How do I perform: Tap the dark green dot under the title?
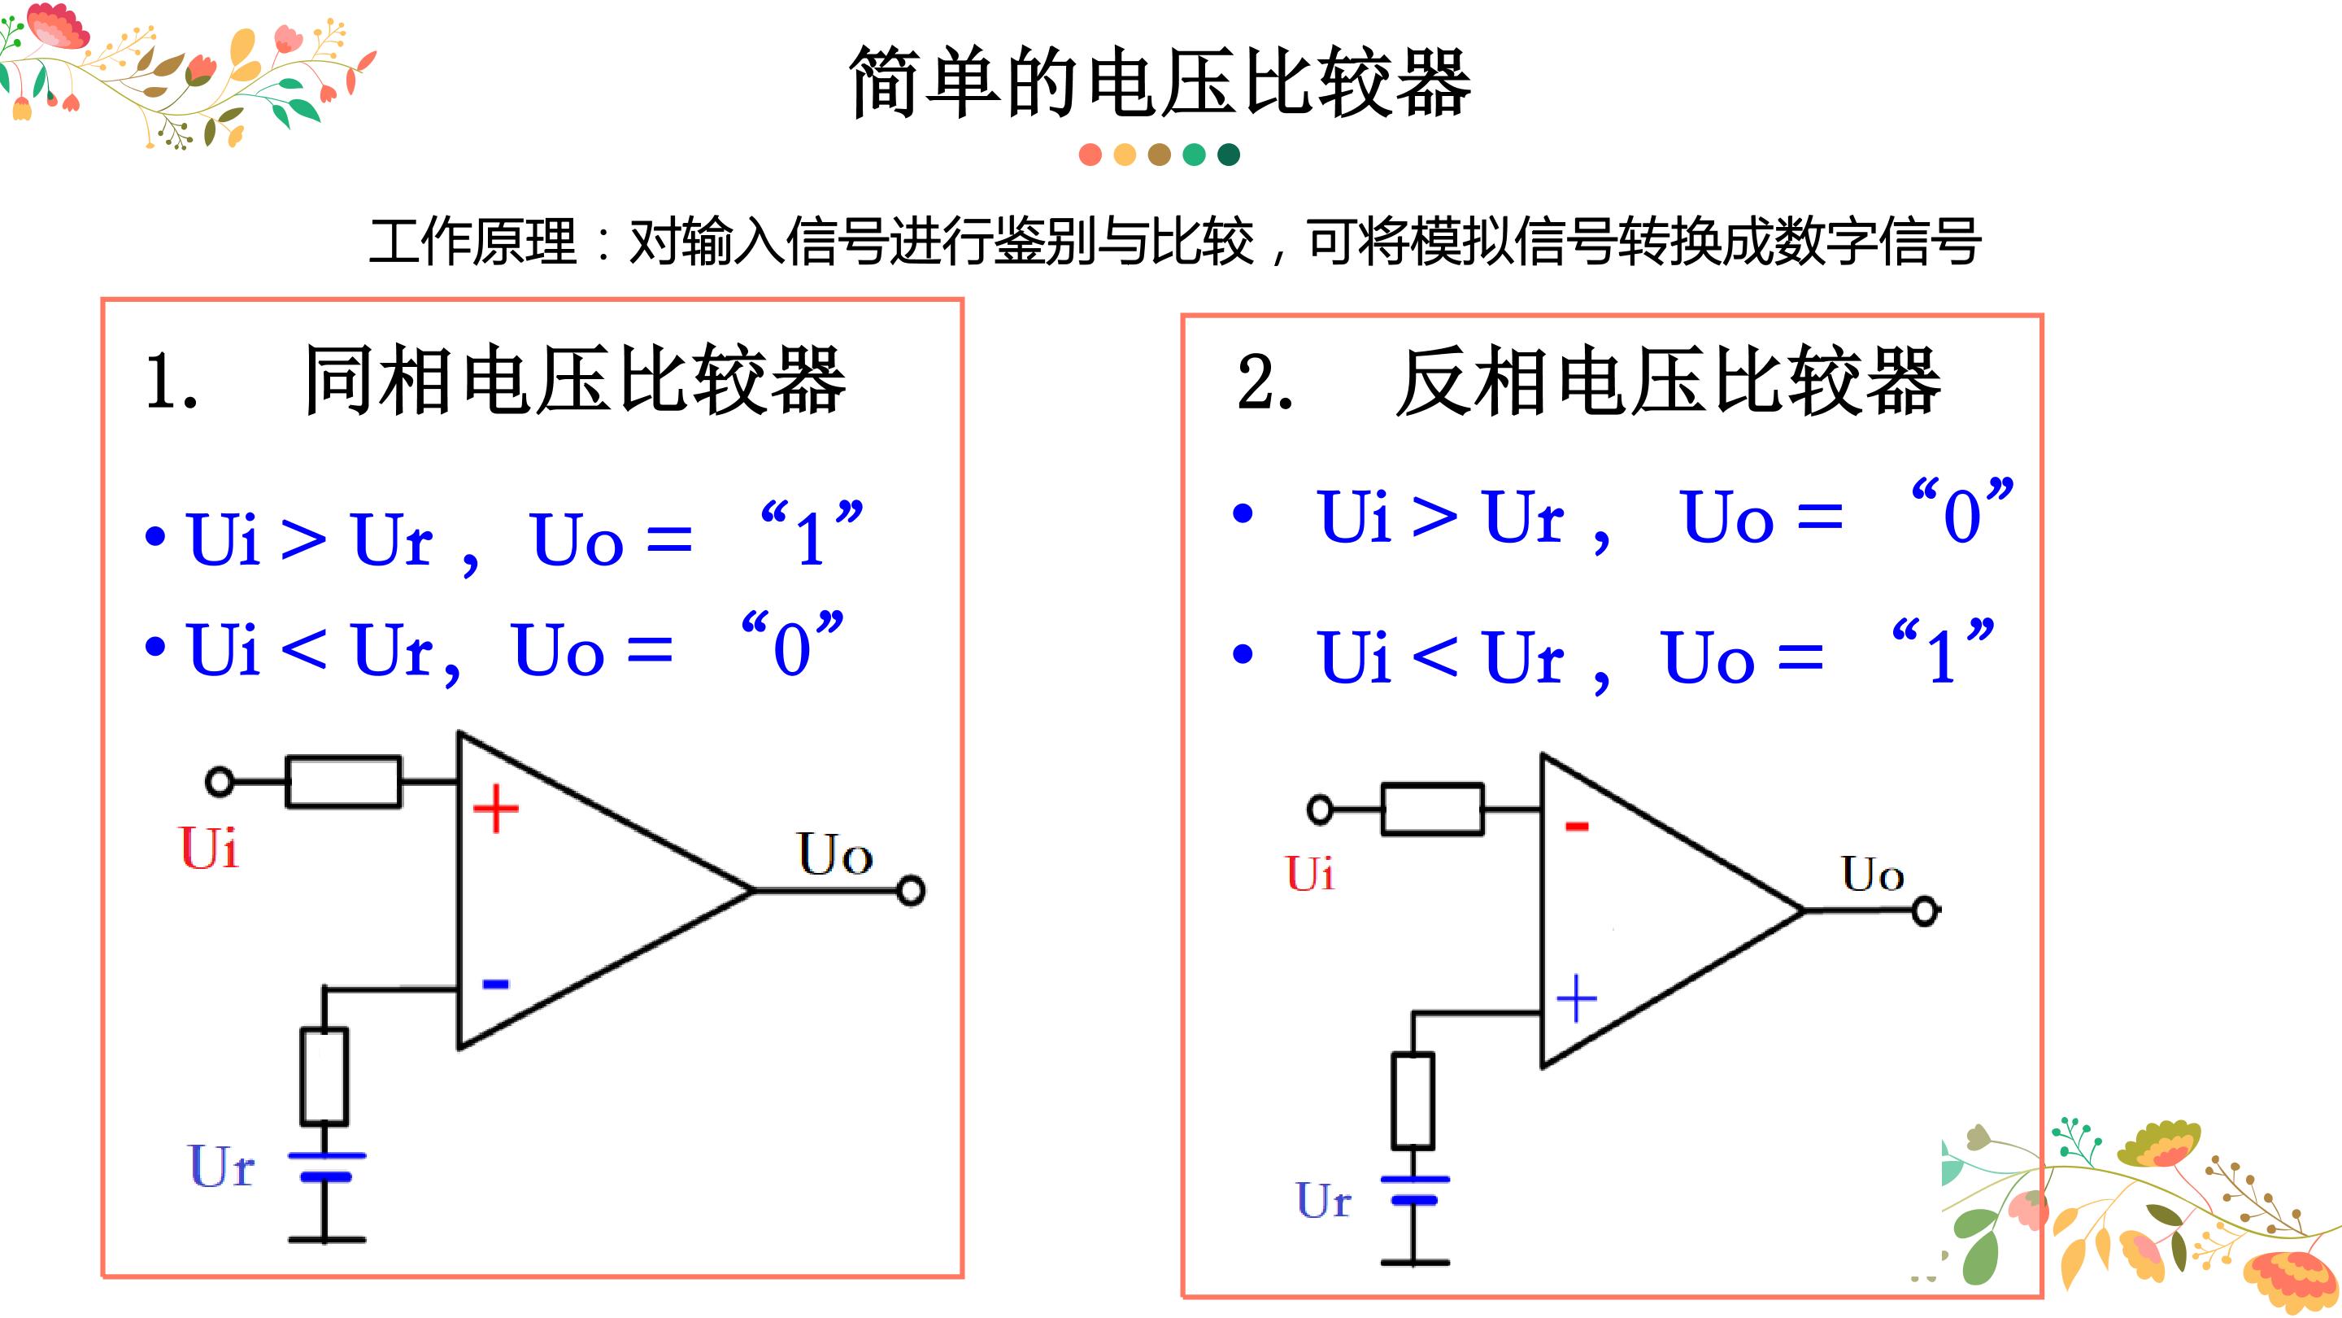1228,155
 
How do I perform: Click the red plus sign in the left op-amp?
495,809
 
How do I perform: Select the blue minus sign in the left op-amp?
495,984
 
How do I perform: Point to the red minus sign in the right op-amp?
1577,826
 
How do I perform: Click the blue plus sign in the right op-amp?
1577,999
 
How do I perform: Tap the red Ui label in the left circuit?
209,849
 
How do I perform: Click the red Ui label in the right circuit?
1310,873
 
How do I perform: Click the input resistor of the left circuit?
344,781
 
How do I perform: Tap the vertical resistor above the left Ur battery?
324,1077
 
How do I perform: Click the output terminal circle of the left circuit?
911,891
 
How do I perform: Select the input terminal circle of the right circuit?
1320,809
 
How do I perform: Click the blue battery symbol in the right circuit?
1415,1189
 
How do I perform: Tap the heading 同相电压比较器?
576,380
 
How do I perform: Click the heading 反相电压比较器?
1669,382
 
